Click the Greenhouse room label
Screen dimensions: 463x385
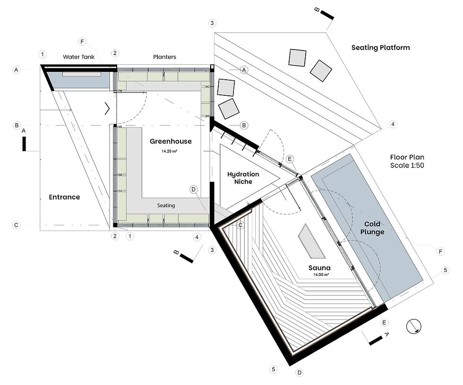click(x=171, y=141)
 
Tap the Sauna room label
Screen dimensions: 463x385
click(x=319, y=268)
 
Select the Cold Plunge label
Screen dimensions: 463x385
click(x=372, y=228)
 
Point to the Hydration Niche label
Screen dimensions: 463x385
click(x=243, y=178)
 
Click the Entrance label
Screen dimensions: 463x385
click(x=64, y=197)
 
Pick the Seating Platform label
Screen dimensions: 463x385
click(x=380, y=48)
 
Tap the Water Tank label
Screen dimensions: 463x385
click(x=78, y=57)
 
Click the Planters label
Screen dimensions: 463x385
click(x=164, y=57)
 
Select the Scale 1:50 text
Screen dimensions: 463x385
click(x=407, y=166)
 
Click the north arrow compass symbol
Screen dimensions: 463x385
click(x=414, y=326)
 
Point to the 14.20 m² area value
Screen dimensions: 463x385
click(x=169, y=151)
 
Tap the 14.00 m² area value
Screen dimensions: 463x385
click(x=321, y=275)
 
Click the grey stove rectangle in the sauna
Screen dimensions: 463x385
click(x=311, y=241)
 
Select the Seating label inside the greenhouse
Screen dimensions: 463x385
click(x=166, y=205)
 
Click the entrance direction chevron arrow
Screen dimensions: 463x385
click(x=107, y=109)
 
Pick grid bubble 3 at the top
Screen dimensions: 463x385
click(x=212, y=23)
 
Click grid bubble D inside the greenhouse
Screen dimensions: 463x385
click(x=193, y=190)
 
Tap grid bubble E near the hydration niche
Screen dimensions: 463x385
click(x=290, y=159)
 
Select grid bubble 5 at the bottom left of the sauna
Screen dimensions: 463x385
click(x=274, y=369)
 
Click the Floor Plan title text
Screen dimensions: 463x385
click(x=407, y=157)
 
